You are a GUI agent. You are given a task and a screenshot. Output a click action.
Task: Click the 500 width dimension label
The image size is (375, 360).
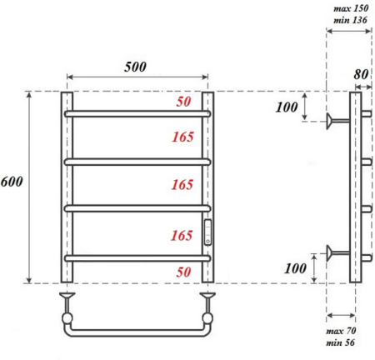[x=135, y=67]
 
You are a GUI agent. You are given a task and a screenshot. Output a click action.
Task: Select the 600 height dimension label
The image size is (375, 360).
[x=12, y=182]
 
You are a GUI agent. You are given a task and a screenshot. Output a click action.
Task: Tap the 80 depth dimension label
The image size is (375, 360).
[x=361, y=74]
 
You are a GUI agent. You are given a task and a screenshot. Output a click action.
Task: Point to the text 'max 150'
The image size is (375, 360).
[x=351, y=8]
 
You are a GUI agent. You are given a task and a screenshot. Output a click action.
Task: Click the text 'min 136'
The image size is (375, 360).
[x=350, y=20]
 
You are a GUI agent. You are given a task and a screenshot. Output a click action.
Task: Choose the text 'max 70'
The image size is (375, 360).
[x=341, y=331]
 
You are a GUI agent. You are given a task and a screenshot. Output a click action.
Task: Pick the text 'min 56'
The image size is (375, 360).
[x=341, y=342]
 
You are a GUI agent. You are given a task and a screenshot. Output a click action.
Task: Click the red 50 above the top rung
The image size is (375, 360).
[x=183, y=102]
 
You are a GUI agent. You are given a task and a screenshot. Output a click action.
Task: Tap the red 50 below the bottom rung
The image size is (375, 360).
[x=183, y=272]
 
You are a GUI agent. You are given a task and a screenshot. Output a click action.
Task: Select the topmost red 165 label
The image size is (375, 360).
[x=182, y=137]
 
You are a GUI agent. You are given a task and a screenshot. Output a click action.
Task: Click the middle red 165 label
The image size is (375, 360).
[x=182, y=185]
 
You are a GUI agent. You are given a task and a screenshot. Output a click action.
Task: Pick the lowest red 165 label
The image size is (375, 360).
[x=182, y=236]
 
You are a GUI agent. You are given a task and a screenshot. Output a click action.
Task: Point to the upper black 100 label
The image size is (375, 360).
[x=287, y=107]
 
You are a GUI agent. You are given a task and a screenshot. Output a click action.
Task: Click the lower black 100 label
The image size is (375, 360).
[x=295, y=268]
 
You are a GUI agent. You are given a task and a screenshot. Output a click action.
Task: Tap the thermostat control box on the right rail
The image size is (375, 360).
[x=207, y=232]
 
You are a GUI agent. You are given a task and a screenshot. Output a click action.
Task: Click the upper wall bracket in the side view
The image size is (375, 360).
[x=338, y=121]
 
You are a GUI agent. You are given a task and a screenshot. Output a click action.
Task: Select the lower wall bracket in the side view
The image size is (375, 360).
[x=338, y=252]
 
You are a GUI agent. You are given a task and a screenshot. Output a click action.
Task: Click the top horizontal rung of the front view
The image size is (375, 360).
[x=137, y=113]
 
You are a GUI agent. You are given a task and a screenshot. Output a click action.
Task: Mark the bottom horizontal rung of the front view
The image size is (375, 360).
[x=137, y=258]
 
